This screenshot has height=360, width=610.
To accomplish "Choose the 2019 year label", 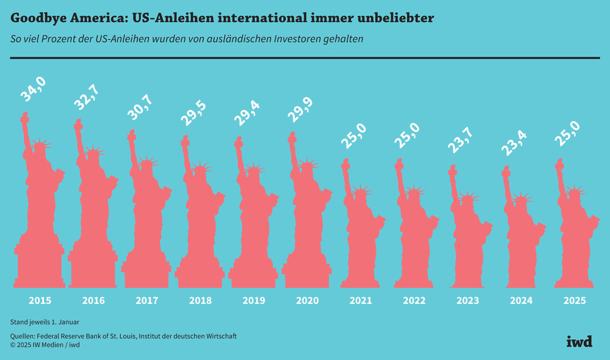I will [x=254, y=301].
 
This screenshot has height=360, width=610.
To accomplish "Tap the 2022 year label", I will [x=415, y=301].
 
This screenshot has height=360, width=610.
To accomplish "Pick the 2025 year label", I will [x=575, y=301].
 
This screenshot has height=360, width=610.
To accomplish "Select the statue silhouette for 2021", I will [x=361, y=238].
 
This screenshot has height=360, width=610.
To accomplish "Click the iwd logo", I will [x=579, y=341].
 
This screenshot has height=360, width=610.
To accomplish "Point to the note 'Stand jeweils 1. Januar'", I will [x=45, y=322].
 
